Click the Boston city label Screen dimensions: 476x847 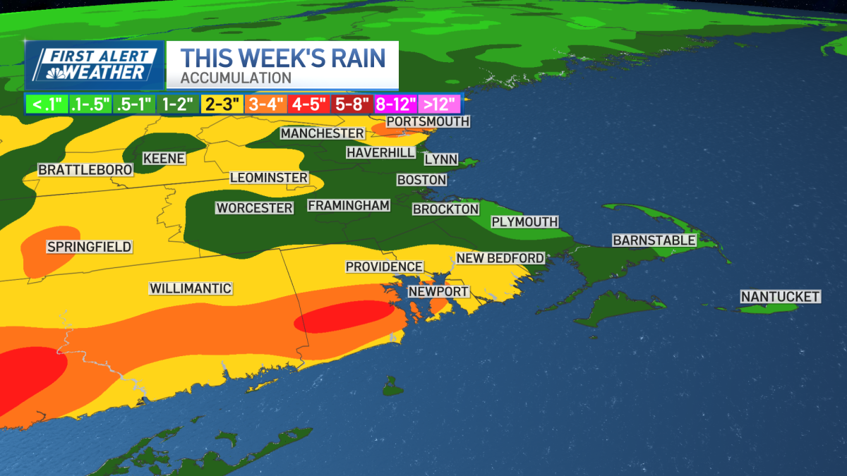point(422,180)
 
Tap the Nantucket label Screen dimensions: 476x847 point(780,297)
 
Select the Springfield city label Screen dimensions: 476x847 point(89,247)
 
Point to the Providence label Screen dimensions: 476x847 point(384,267)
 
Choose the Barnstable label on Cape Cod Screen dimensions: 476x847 point(654,240)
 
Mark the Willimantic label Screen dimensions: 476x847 point(191,288)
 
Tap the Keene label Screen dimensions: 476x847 point(164,159)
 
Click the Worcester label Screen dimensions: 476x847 point(254,208)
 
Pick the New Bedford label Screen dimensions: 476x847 point(500,258)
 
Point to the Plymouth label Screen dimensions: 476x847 point(524,222)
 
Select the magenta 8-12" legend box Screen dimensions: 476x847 point(395,104)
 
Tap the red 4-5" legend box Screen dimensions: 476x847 point(308,104)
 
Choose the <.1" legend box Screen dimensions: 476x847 point(46,104)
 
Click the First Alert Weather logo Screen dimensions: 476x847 point(95,65)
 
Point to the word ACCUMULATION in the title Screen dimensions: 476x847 point(236,78)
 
